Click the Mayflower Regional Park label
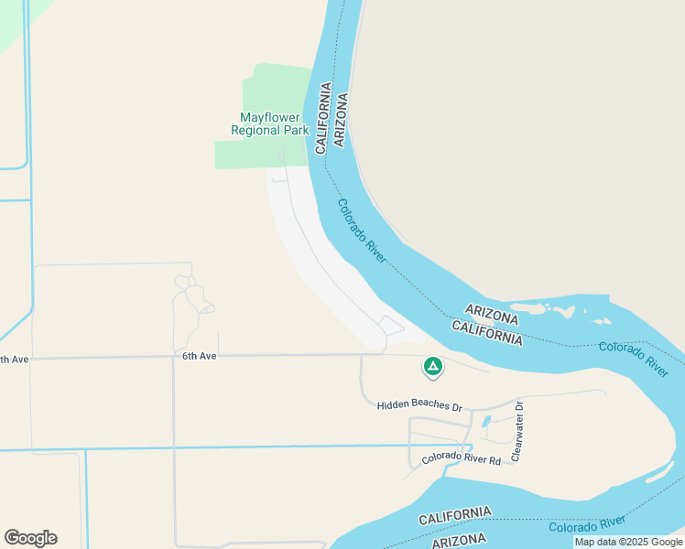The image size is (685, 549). (x=270, y=124)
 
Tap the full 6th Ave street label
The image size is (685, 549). (x=199, y=356)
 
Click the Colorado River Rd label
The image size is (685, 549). (x=462, y=460)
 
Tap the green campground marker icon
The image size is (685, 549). (x=432, y=367)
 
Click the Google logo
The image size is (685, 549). (x=30, y=538)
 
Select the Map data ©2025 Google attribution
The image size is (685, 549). (x=628, y=543)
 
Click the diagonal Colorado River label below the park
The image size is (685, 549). (x=362, y=232)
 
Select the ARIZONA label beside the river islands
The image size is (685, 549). (x=492, y=316)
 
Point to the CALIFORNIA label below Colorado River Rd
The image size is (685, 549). (x=454, y=515)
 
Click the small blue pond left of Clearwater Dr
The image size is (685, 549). (x=484, y=422)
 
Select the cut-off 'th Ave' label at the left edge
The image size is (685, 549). (x=15, y=360)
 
